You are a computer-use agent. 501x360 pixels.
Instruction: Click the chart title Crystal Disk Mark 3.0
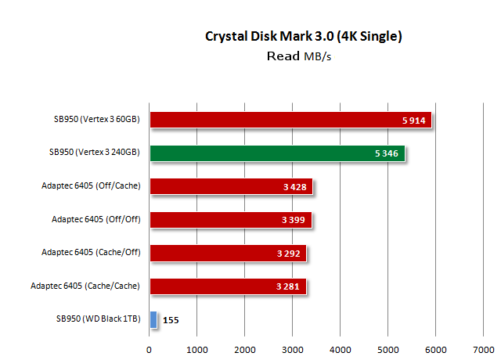pyautogui.click(x=304, y=36)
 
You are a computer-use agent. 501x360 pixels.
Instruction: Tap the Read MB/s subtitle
pyautogui.click(x=304, y=56)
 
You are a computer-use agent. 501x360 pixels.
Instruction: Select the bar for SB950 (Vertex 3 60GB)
pyautogui.click(x=290, y=120)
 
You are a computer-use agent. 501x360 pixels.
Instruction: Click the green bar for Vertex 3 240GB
pyautogui.click(x=278, y=153)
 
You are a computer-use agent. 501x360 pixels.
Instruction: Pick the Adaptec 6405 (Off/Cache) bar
pyautogui.click(x=230, y=186)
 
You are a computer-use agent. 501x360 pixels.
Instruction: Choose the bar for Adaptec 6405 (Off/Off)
pyautogui.click(x=229, y=219)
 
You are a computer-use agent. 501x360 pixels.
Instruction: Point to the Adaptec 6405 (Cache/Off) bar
pyautogui.click(x=227, y=253)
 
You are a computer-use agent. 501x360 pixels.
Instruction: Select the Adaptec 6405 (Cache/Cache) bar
pyautogui.click(x=227, y=286)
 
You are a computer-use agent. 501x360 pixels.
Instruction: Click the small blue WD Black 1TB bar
pyautogui.click(x=153, y=319)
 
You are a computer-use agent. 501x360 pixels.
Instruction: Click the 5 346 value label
pyautogui.click(x=387, y=153)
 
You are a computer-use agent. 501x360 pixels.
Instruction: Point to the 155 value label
pyautogui.click(x=171, y=320)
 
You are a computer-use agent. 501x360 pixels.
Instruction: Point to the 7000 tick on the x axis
pyautogui.click(x=484, y=349)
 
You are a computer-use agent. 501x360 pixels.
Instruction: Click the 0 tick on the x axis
pyautogui.click(x=149, y=349)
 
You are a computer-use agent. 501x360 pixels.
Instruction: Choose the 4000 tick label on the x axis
pyautogui.click(x=341, y=349)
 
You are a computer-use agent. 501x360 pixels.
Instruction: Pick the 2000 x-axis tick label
pyautogui.click(x=245, y=349)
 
